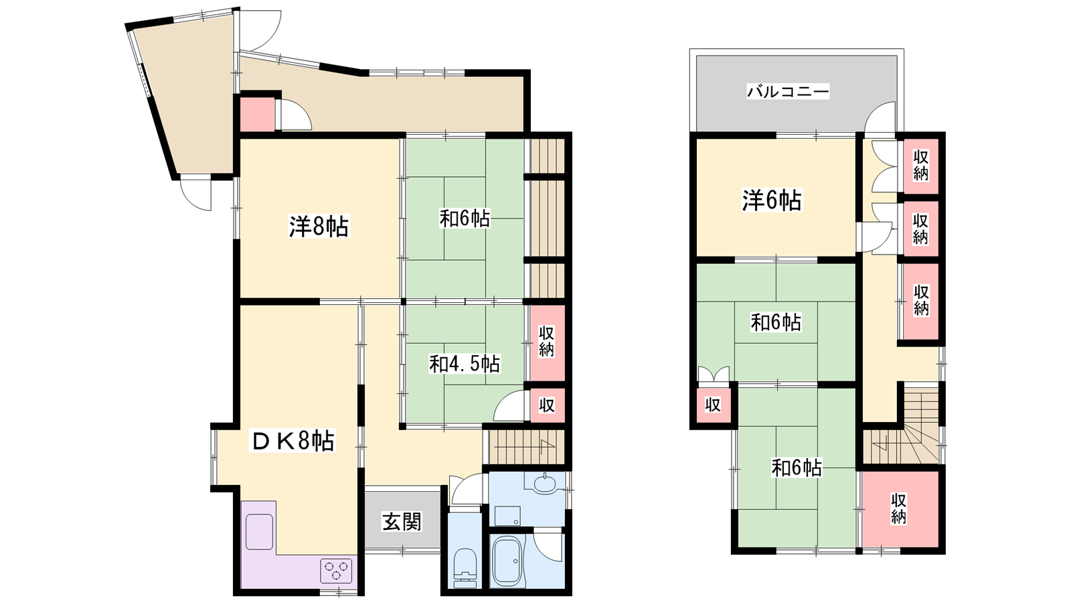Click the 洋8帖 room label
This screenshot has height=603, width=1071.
[319, 226]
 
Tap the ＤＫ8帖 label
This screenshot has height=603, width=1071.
[293, 441]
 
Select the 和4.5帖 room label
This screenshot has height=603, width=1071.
[465, 364]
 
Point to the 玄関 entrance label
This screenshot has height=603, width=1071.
[402, 521]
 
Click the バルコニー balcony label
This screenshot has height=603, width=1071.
[788, 91]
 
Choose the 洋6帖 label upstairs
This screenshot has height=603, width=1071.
[772, 200]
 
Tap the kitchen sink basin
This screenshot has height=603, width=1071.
[259, 532]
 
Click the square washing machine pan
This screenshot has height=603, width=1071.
[507, 516]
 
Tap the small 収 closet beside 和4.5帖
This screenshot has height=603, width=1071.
[547, 405]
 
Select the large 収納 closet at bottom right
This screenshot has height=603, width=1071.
[898, 509]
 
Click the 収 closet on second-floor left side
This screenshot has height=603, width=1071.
[712, 405]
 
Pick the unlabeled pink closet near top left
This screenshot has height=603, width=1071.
[257, 114]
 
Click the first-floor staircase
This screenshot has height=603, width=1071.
[524, 447]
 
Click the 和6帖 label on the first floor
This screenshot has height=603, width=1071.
[465, 218]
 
